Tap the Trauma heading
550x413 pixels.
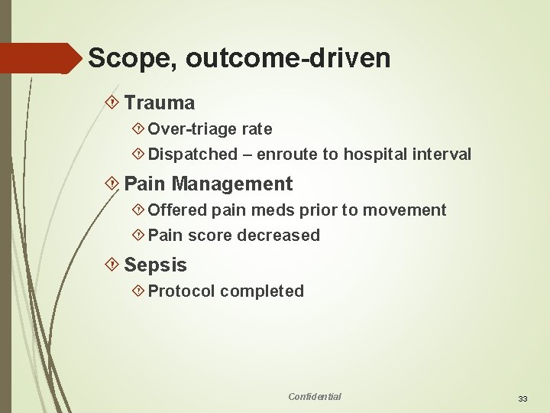tap(159, 102)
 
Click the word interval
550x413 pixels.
tap(443, 154)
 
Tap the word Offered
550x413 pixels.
tap(177, 210)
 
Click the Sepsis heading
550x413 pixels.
tap(155, 265)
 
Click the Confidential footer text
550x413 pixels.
tap(315, 396)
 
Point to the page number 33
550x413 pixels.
tap(523, 398)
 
